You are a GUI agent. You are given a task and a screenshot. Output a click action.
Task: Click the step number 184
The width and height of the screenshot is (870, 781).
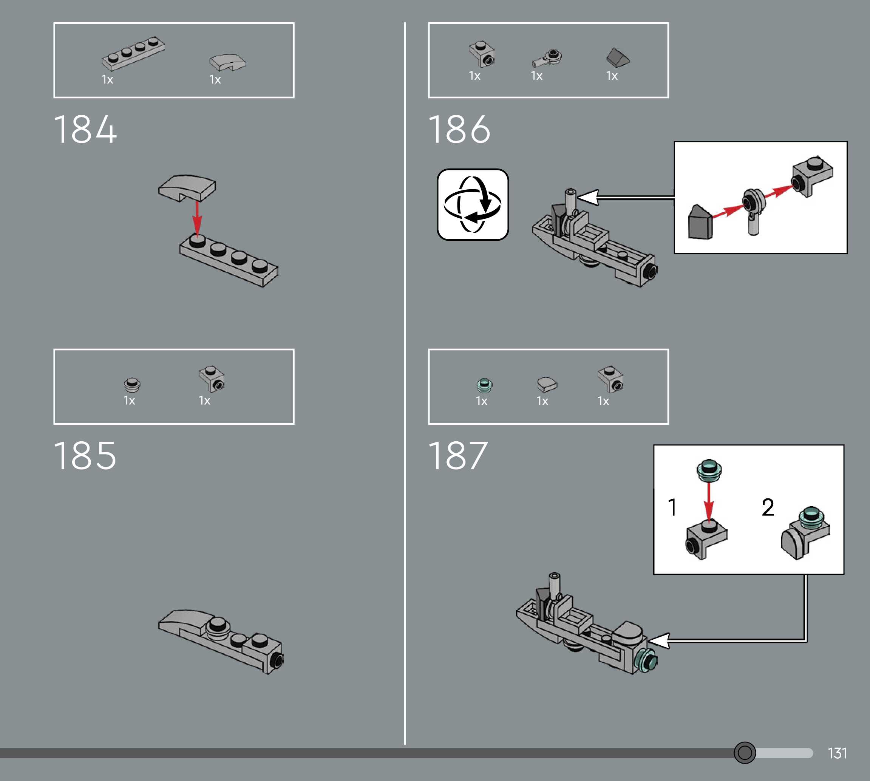click(85, 129)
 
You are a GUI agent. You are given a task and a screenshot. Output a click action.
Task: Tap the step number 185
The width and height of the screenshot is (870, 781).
click(85, 456)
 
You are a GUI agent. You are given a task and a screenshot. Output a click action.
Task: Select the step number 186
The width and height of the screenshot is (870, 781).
click(459, 129)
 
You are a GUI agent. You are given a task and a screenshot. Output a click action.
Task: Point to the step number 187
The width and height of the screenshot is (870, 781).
click(458, 456)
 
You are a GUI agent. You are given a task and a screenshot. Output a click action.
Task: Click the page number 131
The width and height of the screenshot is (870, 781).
click(837, 753)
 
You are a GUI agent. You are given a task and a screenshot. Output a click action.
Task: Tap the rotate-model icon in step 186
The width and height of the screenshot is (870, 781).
click(473, 205)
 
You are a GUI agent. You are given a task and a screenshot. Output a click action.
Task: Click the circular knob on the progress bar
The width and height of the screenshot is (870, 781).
click(745, 753)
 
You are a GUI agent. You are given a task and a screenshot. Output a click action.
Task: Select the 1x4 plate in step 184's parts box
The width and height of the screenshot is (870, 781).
click(133, 54)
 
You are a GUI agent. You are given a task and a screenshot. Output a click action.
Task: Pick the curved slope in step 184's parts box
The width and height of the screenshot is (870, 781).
click(227, 62)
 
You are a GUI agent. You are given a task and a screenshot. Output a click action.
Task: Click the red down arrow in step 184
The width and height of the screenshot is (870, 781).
click(197, 219)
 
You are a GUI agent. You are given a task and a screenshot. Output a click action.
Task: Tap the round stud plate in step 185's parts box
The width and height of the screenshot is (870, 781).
click(132, 385)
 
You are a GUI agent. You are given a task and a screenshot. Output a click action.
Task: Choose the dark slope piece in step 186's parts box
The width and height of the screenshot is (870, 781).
click(618, 57)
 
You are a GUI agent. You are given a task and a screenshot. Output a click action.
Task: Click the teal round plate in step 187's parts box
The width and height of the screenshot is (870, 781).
click(484, 385)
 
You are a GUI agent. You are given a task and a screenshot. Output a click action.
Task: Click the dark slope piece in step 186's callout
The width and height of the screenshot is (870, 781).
click(700, 222)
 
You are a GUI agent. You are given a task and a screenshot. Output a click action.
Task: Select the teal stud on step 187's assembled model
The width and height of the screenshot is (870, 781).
click(646, 660)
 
